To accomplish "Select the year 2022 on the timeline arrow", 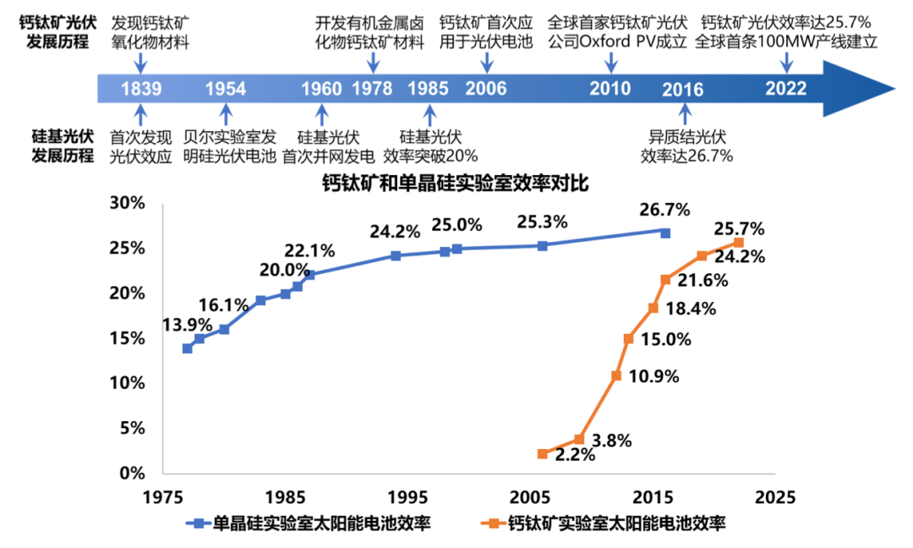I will (x=785, y=89).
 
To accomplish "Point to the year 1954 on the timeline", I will (x=225, y=89).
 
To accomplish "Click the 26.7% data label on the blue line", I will (x=664, y=209).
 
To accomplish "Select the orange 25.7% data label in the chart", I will (x=740, y=228).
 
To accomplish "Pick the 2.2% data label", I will (x=575, y=455).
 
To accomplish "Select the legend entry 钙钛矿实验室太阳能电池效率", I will (x=616, y=524).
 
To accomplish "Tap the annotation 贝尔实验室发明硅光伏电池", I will (x=230, y=145).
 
